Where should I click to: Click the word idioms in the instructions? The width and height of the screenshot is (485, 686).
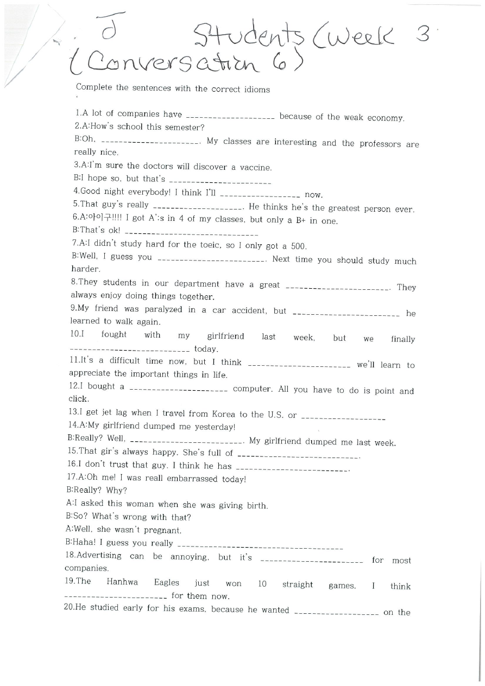click(x=256, y=90)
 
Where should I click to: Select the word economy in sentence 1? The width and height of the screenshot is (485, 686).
click(x=386, y=118)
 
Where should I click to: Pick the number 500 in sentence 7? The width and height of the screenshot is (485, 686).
click(x=299, y=246)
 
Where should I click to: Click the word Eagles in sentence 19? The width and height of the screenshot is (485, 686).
click(x=166, y=582)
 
